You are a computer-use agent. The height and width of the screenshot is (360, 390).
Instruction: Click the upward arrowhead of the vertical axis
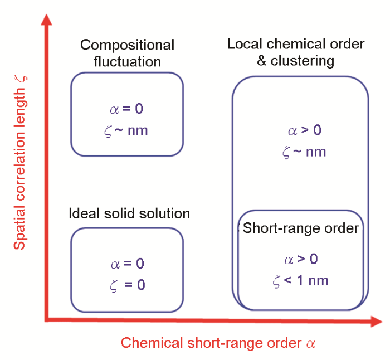click(46, 20)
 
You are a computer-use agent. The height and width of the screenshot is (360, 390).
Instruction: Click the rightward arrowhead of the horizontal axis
click(376, 322)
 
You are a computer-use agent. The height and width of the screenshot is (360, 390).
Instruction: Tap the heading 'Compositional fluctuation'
click(127, 53)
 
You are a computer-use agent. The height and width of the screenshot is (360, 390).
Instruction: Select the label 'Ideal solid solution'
click(129, 213)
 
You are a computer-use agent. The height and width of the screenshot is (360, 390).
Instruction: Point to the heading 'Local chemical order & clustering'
click(296, 52)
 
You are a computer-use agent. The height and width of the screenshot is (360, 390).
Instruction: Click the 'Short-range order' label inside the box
click(301, 228)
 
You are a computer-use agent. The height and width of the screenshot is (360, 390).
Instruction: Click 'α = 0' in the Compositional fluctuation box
click(126, 109)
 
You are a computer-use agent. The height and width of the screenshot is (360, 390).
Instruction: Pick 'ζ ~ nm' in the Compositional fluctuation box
click(126, 131)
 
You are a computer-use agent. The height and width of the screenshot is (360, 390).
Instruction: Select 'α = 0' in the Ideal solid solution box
click(128, 264)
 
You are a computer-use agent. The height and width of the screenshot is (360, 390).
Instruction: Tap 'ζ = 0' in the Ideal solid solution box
click(128, 285)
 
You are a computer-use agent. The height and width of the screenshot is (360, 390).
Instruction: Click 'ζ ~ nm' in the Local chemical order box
click(304, 152)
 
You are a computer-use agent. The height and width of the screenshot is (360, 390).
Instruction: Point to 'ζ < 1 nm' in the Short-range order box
click(300, 281)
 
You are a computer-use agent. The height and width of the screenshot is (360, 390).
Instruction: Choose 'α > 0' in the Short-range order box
click(301, 259)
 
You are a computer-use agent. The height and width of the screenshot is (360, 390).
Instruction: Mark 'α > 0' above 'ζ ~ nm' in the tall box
click(305, 130)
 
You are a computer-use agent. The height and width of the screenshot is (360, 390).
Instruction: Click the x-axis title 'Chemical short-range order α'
click(218, 343)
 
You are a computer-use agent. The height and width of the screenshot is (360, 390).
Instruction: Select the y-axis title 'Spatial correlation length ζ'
click(20, 163)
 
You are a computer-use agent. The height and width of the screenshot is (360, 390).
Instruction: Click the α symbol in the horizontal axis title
click(311, 344)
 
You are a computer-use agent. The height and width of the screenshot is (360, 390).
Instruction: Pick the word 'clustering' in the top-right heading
click(303, 61)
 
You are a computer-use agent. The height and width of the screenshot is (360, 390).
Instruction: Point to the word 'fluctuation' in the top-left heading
click(128, 61)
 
